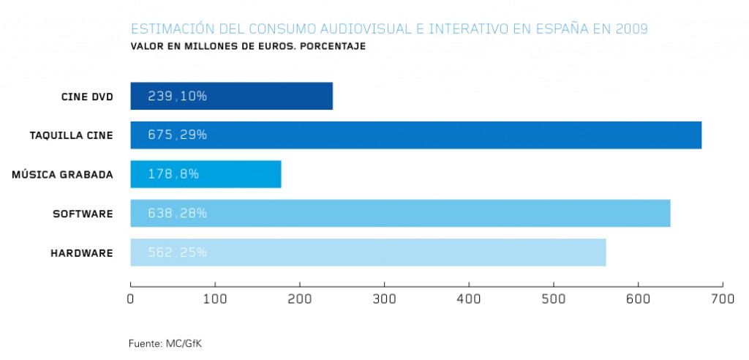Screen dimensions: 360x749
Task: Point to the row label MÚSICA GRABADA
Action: tap(63, 174)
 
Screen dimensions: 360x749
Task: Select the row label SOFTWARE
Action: tap(83, 214)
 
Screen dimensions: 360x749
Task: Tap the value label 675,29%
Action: tap(178, 135)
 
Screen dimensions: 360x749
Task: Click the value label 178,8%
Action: tap(173, 174)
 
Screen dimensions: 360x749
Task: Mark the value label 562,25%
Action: tap(178, 252)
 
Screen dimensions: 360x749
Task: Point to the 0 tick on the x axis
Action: tap(130, 299)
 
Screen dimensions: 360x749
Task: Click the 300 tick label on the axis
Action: tap(384, 299)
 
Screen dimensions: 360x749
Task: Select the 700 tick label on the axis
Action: tap(722, 299)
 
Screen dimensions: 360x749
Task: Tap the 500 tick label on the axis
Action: tap(553, 299)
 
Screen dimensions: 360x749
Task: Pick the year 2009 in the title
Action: tap(631, 30)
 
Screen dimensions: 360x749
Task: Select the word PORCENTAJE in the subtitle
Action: tap(331, 46)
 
